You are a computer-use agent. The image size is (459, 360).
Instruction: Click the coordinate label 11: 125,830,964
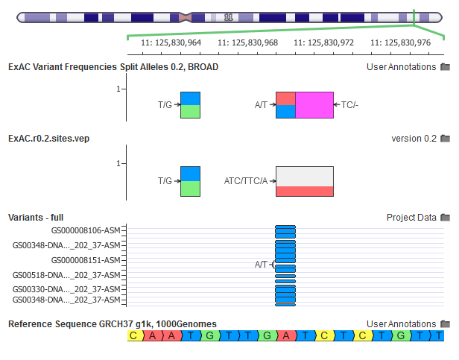tap(171, 42)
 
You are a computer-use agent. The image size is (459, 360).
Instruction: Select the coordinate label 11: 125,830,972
tap(323, 42)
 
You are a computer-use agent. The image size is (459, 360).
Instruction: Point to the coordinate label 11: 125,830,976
tap(400, 42)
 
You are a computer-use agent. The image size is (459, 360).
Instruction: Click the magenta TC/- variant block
tap(314, 105)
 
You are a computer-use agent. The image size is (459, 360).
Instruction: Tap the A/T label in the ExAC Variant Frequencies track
tap(261, 105)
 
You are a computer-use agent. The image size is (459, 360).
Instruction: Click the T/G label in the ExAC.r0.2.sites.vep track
tap(165, 180)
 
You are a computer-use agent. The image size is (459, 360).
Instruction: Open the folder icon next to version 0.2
tap(446, 139)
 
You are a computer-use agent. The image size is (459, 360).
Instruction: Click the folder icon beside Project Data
tap(446, 218)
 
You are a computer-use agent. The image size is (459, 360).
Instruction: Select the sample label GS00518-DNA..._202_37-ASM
tap(66, 274)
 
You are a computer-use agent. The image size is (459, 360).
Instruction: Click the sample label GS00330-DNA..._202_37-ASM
tap(66, 289)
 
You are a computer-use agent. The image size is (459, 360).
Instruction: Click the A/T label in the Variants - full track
tap(261, 264)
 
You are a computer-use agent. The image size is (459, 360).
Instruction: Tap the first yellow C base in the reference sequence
tap(135, 336)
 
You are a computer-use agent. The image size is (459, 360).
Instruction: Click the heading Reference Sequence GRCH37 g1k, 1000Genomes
tap(112, 323)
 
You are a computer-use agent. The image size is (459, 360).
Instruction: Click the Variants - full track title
tap(36, 218)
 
